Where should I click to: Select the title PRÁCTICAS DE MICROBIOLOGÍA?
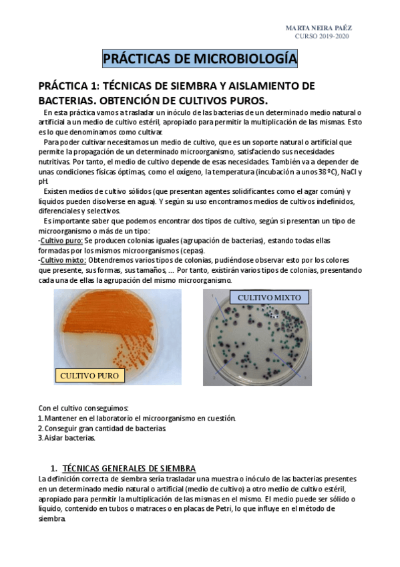coord(200,60)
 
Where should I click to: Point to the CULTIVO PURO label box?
coord(89,376)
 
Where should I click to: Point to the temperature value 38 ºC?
coord(324,171)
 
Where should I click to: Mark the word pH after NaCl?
coord(43,181)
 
